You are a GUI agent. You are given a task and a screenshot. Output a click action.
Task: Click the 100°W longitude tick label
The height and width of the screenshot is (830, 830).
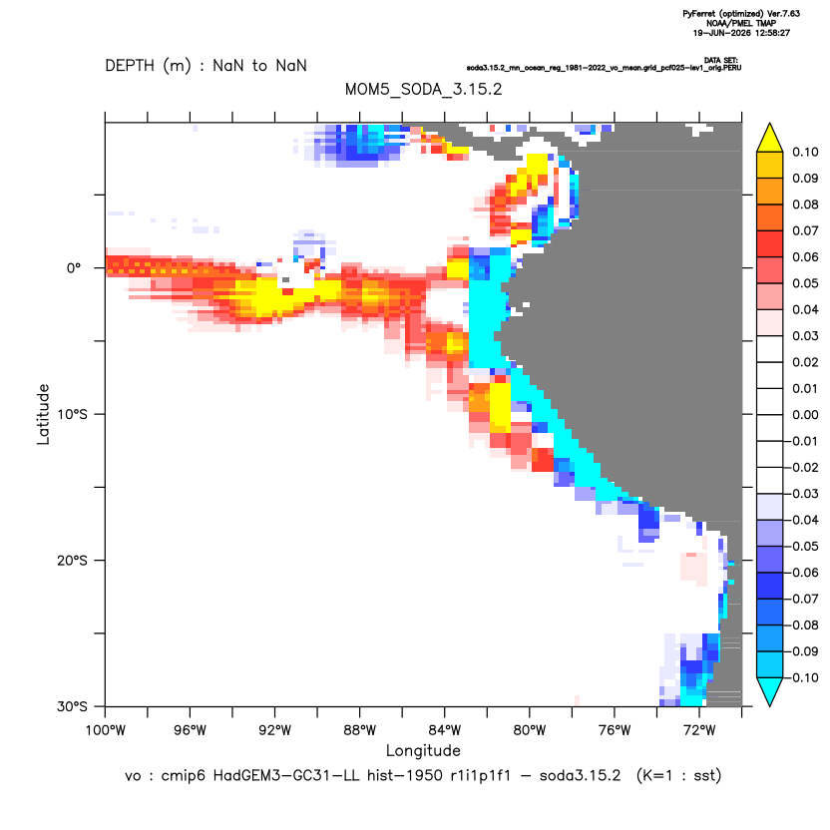point(106,730)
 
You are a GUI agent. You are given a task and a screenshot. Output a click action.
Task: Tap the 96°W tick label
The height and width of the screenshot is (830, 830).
point(190,730)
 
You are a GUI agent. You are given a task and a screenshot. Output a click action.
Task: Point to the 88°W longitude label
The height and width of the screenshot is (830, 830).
point(359,730)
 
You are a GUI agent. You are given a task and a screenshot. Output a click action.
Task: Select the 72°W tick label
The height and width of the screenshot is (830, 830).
point(699,730)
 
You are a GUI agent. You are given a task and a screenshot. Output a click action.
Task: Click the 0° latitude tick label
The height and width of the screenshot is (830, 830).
point(74,267)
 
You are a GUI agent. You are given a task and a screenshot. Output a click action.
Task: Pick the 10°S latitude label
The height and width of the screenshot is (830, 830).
point(72,414)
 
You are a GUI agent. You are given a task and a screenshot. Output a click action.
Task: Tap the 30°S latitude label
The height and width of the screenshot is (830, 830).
point(72,706)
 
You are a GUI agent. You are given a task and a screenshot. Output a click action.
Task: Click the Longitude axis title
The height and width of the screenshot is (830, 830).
point(423,750)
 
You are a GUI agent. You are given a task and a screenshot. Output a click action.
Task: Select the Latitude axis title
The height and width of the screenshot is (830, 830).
point(43,414)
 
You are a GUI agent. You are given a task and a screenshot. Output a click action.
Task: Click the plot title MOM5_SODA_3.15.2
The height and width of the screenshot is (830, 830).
point(423,89)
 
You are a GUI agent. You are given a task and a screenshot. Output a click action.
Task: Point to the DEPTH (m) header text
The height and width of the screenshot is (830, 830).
point(148,66)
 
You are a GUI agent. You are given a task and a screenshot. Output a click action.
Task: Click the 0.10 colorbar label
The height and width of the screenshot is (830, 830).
point(805,152)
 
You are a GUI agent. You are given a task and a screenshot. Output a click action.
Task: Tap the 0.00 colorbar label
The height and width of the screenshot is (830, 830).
point(805,414)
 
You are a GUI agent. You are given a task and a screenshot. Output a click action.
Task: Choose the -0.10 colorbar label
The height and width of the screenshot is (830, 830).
point(802,677)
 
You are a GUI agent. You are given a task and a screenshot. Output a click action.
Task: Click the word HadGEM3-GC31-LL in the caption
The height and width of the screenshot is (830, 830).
point(286,775)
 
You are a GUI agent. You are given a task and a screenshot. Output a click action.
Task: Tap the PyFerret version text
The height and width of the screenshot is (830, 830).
point(741,14)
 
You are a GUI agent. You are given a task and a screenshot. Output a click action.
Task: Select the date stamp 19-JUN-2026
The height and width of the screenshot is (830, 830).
point(721,33)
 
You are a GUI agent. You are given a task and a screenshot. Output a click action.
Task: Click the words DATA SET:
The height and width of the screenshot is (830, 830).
point(721,60)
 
